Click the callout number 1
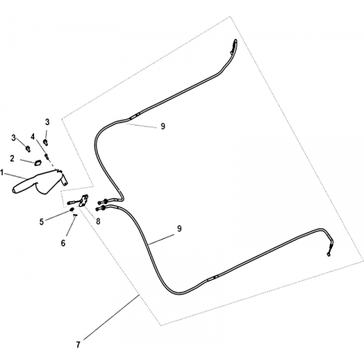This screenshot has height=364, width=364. click(x=2, y=173)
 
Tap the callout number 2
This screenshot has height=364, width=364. click(x=12, y=158)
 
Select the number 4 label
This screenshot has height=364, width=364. click(x=33, y=136)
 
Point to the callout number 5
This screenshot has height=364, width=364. click(x=42, y=221)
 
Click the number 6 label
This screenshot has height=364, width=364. click(x=63, y=243)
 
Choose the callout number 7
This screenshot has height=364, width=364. click(x=78, y=344)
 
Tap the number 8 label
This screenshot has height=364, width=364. click(x=98, y=221)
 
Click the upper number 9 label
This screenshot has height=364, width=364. click(x=163, y=126)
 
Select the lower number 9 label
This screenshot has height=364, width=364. click(x=179, y=228)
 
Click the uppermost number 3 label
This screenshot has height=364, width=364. click(x=47, y=122)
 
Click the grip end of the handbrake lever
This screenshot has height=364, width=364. click(x=17, y=188)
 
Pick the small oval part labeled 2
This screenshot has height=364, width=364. click(x=38, y=163)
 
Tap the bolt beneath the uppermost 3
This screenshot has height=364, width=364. click(x=45, y=142)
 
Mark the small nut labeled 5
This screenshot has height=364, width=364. click(x=71, y=209)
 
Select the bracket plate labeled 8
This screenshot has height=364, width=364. click(x=83, y=200)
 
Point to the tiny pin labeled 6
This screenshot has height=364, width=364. click(x=75, y=215)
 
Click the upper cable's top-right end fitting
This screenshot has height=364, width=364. click(x=234, y=46)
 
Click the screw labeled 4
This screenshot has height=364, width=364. click(x=47, y=157)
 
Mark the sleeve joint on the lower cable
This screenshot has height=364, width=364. click(x=212, y=278)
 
